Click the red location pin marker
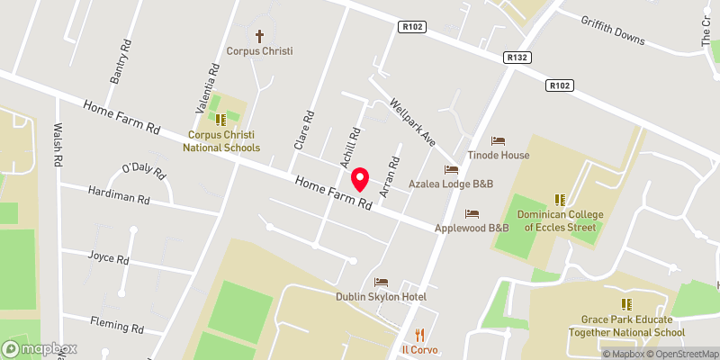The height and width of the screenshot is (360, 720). (359, 180)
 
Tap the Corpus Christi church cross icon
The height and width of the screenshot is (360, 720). (260, 36)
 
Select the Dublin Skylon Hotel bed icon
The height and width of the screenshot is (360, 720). (381, 283)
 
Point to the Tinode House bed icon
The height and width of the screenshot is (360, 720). (498, 140)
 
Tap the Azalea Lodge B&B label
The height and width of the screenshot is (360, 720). (451, 184)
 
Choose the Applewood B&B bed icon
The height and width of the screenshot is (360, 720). (472, 213)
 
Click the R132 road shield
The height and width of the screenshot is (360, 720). (516, 57)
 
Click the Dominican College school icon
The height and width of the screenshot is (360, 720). (559, 199)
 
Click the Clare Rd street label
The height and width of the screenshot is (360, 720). (303, 130)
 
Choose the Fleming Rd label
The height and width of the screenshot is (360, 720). (117, 323)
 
